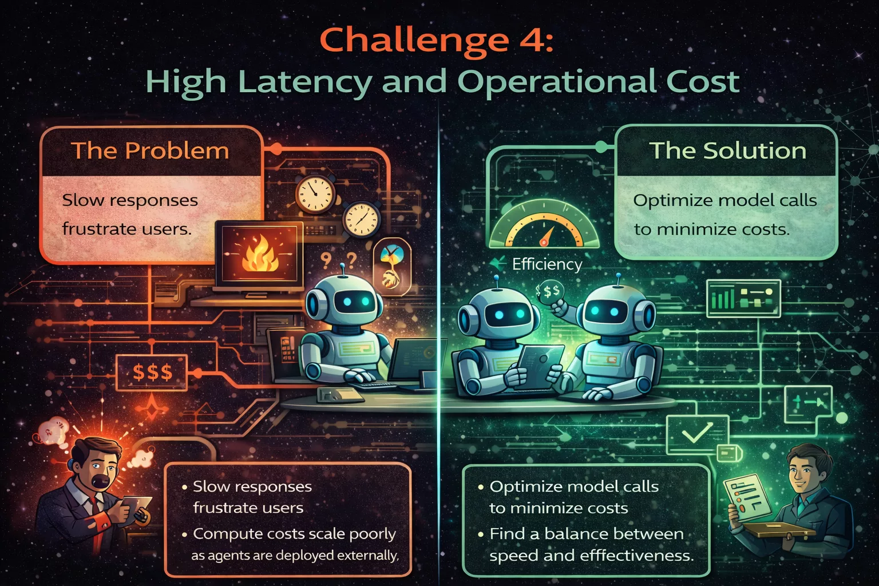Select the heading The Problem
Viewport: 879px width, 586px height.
coord(150,151)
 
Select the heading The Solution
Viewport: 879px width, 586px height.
coord(728,151)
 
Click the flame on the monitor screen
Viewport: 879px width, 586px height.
coord(260,255)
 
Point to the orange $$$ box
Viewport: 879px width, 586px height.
coord(152,372)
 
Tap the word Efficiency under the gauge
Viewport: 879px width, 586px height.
coord(547,264)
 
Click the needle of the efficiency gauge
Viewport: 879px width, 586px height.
coord(546,236)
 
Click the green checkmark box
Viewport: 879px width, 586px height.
coord(697,433)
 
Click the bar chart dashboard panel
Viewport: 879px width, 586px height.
coord(743,298)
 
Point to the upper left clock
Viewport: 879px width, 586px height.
coord(315,193)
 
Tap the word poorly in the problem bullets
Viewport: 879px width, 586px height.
coord(373,533)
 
